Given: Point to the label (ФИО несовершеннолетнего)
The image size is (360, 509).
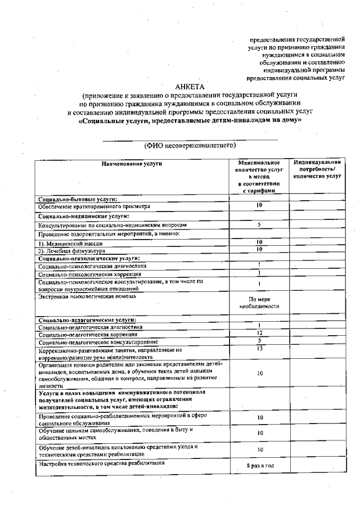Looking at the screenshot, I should pos(188,145).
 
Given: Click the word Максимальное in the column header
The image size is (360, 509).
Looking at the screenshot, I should pos(259,163).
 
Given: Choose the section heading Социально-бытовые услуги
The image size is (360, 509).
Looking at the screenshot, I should pos(78,199).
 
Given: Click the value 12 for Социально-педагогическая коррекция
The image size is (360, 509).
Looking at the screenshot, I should pos(259,334).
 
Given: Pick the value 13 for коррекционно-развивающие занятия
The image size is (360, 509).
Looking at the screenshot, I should pos(259,348).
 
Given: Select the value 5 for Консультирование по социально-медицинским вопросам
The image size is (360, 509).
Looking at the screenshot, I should pos(259,225).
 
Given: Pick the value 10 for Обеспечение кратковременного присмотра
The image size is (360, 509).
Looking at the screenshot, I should pos(259,206).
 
